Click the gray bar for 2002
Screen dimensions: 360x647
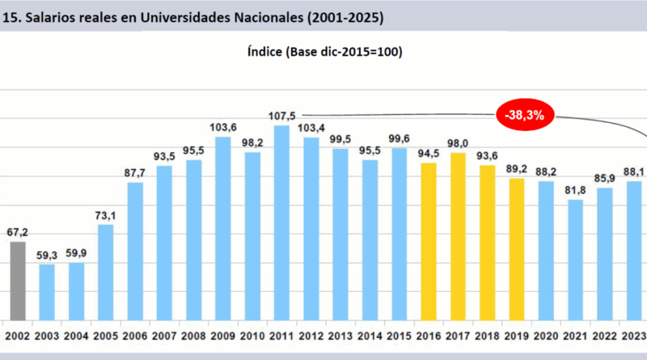click(x=18, y=281)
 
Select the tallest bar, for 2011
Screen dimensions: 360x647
click(x=281, y=222)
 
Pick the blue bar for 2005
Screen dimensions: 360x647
click(x=106, y=272)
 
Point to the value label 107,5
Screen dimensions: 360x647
click(x=281, y=115)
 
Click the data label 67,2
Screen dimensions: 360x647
click(x=18, y=232)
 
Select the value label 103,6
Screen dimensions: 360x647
click(x=222, y=128)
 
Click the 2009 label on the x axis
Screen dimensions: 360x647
click(x=222, y=335)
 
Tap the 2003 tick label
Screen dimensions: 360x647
click(x=47, y=335)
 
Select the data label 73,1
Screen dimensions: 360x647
click(x=106, y=215)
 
